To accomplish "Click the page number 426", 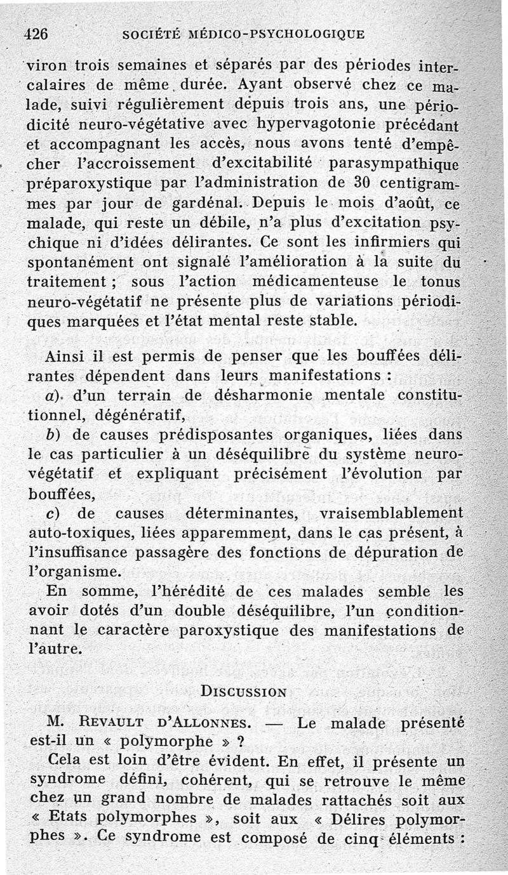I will pyautogui.click(x=37, y=35).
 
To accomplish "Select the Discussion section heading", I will pyautogui.click(x=243, y=691).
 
